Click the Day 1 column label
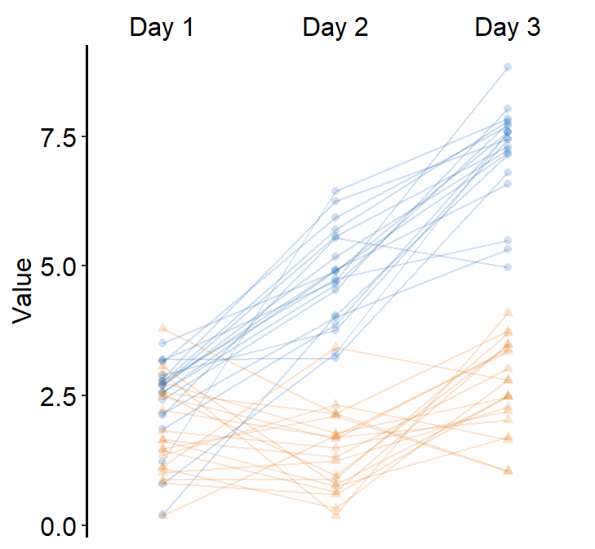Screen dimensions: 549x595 [162, 29]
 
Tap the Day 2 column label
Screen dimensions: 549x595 [335, 29]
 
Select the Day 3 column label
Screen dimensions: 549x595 [508, 29]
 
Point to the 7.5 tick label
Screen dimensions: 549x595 [58, 136]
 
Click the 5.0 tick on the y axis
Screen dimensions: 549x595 [58, 266]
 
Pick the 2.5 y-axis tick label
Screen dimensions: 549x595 [58, 396]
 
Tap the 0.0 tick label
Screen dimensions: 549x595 [58, 526]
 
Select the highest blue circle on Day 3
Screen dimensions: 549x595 [508, 67]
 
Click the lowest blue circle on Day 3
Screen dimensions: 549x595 [508, 267]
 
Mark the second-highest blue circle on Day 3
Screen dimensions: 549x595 [508, 109]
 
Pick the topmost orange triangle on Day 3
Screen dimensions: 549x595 [508, 312]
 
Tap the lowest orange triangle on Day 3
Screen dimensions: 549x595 [508, 471]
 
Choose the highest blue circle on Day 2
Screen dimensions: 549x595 [335, 191]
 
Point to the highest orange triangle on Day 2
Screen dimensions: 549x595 [335, 347]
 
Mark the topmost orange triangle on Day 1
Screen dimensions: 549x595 [162, 327]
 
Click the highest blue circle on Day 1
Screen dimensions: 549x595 [162, 343]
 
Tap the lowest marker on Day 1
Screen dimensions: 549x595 [162, 515]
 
